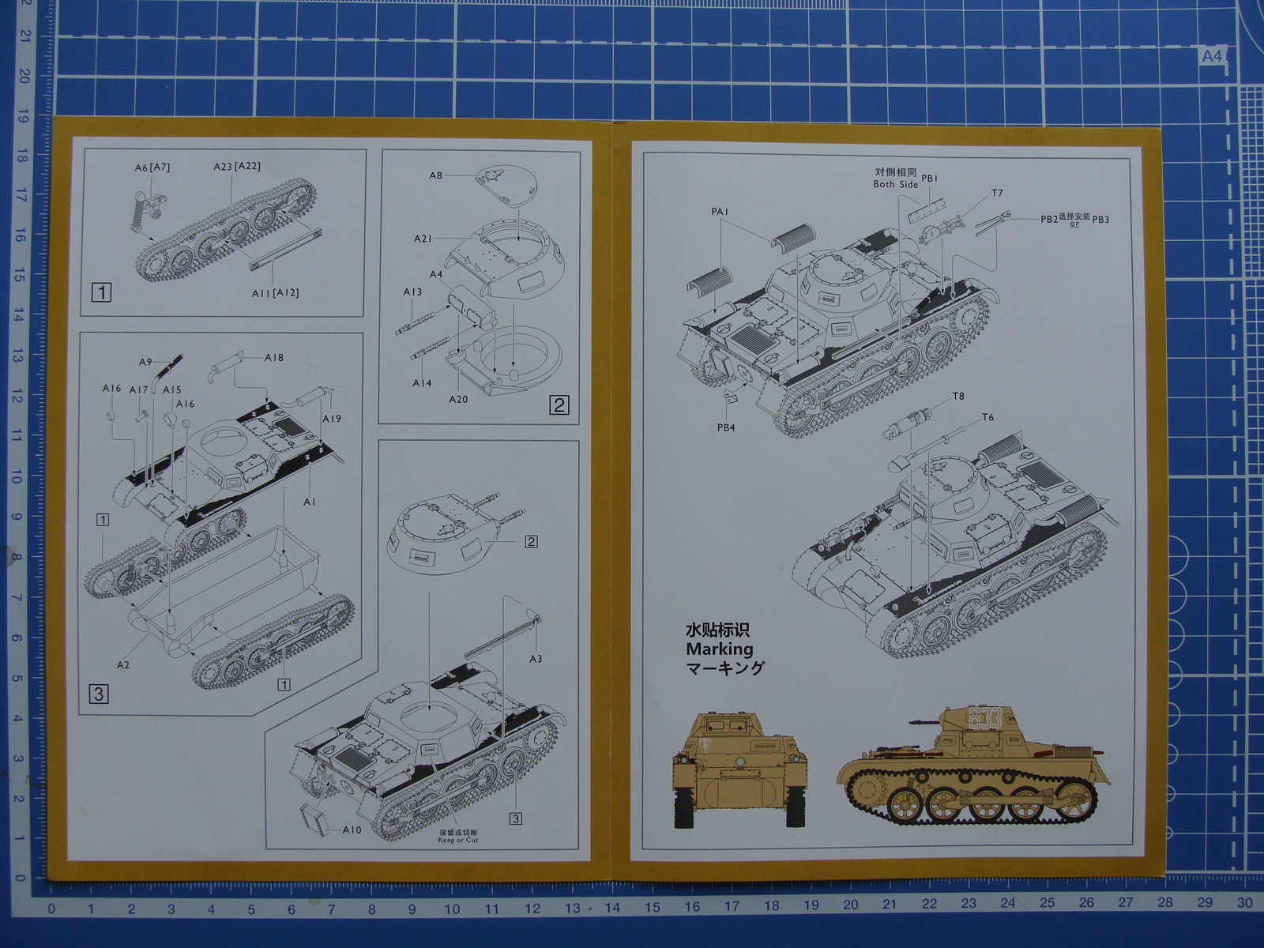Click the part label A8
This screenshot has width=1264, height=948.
tap(435, 175)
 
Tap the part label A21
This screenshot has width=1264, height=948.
tap(423, 239)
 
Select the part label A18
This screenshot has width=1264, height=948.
tap(274, 358)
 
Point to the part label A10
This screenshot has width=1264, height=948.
tap(352, 830)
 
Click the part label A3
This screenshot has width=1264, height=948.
tap(536, 659)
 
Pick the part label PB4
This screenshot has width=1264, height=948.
tap(726, 428)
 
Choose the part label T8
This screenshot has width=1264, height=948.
tap(958, 397)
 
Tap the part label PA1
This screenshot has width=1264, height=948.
tap(720, 212)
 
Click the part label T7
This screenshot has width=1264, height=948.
tap(997, 193)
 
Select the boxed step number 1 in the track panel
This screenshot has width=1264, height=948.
tap(102, 292)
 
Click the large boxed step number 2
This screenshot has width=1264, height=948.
tap(559, 405)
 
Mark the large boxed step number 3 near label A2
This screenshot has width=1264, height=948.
tap(99, 694)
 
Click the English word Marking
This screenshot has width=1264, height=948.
tap(719, 649)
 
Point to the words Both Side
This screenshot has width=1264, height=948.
tap(895, 184)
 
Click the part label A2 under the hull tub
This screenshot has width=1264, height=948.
tap(123, 665)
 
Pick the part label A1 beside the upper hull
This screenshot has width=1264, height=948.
tap(309, 502)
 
